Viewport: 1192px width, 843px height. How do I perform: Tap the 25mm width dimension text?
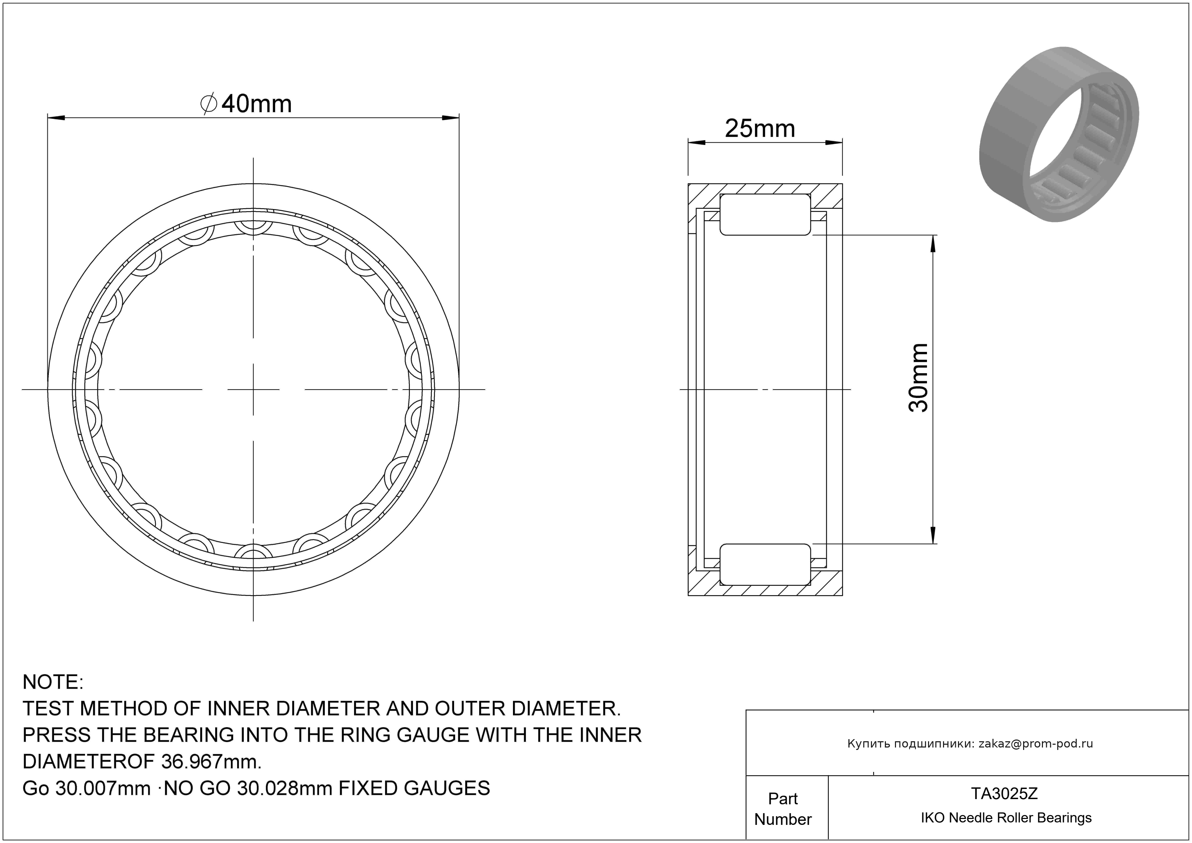tap(760, 129)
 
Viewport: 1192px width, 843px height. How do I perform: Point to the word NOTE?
tap(53, 682)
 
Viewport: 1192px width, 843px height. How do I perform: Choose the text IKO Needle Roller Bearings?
tap(1006, 818)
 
